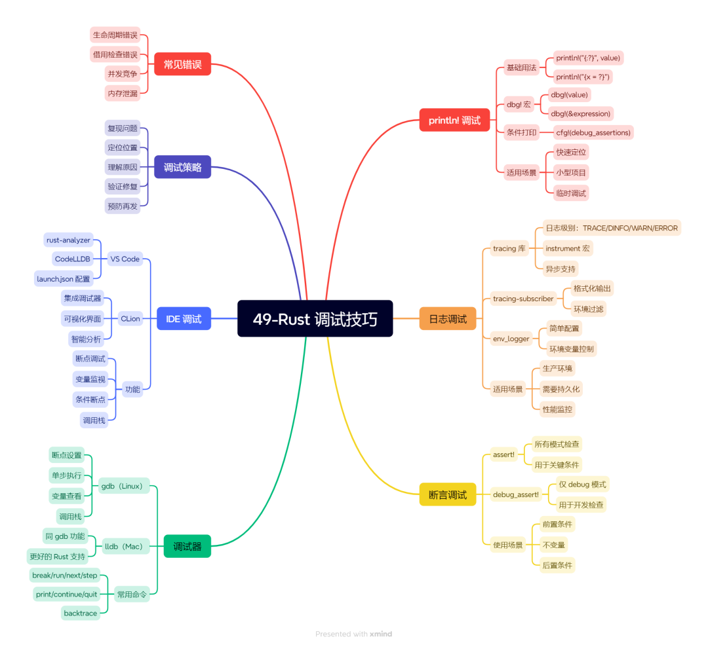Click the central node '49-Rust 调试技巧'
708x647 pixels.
tap(315, 318)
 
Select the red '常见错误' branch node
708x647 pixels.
tap(182, 64)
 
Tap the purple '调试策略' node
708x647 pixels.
tap(182, 167)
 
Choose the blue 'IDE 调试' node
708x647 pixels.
tap(184, 318)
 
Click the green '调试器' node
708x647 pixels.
tap(187, 546)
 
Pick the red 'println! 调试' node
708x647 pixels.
tap(454, 120)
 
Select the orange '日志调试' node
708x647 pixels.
tap(448, 318)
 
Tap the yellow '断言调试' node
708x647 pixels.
tap(448, 494)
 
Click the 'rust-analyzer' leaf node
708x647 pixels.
tap(68, 240)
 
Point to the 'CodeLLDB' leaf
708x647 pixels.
tap(73, 259)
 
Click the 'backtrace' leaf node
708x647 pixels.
tap(81, 613)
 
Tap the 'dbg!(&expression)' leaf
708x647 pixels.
tap(580, 114)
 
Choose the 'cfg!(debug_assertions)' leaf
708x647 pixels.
tap(593, 133)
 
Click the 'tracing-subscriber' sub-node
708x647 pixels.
tap(523, 299)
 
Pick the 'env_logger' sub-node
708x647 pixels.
tap(511, 339)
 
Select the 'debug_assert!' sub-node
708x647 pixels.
tap(516, 494)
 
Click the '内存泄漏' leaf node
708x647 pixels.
tap(123, 94)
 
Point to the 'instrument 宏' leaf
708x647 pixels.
tap(568, 249)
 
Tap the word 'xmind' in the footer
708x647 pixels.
tap(381, 634)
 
